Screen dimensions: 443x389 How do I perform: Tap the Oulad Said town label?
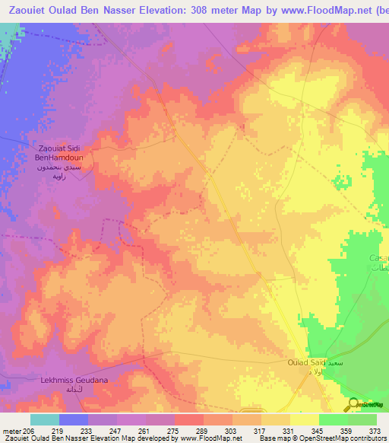pos(307,364)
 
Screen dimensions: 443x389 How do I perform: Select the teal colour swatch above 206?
pos(45,419)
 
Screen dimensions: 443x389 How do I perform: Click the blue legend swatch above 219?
pos(74,419)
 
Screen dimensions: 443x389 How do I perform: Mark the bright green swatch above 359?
pos(333,419)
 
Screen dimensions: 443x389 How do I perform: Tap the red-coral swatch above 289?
pos(189,419)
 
